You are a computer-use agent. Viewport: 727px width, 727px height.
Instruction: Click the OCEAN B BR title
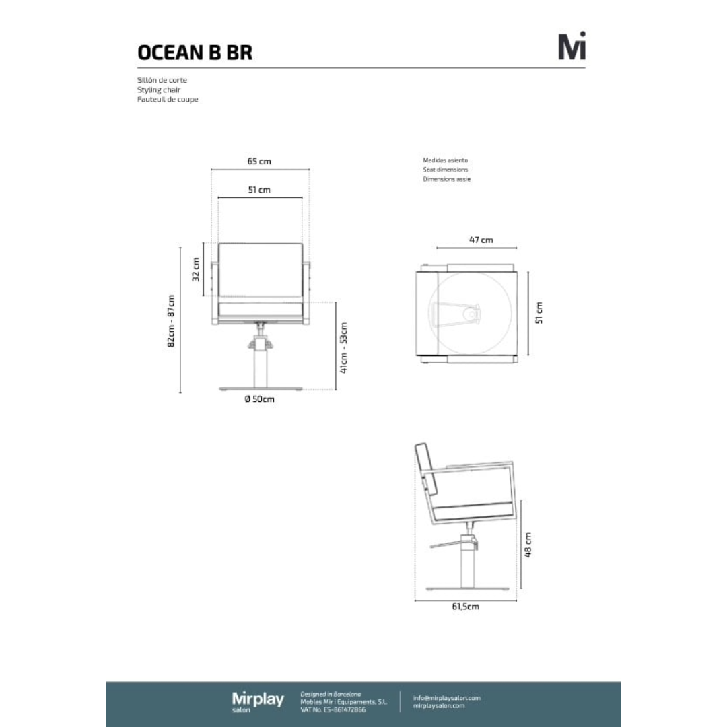click(195, 53)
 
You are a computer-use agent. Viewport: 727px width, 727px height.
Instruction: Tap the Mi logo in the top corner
click(572, 46)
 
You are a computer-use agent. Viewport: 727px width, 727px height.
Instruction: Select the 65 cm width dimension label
click(259, 162)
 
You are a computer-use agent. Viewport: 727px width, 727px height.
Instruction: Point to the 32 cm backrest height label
click(196, 269)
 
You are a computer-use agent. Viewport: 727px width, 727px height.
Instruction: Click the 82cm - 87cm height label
click(171, 321)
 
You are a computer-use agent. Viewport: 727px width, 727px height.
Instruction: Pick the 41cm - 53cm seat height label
click(343, 348)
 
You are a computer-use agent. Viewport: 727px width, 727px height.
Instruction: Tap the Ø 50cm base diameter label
click(260, 399)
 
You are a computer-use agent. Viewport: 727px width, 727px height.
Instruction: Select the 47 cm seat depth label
click(481, 240)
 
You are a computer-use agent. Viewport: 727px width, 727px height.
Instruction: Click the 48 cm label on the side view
click(528, 545)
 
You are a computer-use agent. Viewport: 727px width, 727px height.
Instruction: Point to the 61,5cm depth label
click(466, 607)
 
